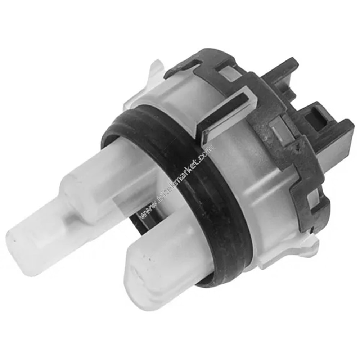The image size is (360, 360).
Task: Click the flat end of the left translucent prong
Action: click(22, 240)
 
